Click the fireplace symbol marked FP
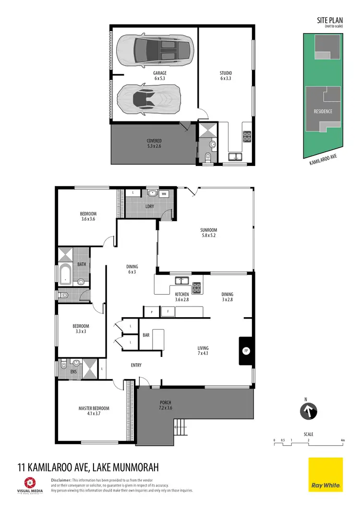[246, 350]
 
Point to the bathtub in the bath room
[64, 274]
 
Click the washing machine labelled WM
[164, 194]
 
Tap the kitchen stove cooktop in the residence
[197, 288]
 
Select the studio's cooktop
[247, 137]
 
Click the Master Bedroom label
[94, 411]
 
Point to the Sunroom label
[209, 233]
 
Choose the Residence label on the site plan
[323, 111]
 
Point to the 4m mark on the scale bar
[342, 440]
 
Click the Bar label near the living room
[146, 335]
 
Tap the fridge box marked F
[168, 311]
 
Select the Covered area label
[154, 143]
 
